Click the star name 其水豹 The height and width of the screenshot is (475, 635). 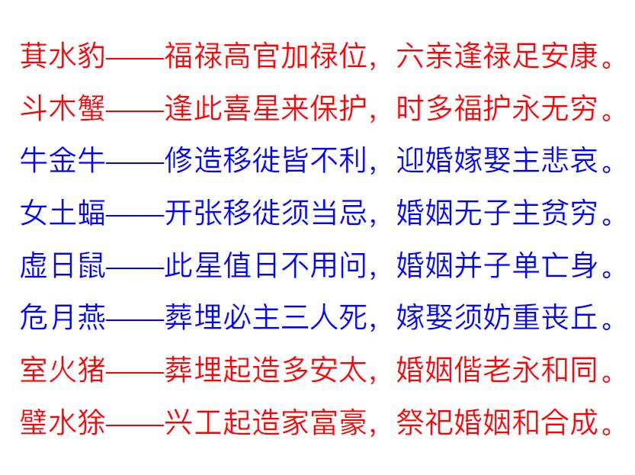(x=63, y=56)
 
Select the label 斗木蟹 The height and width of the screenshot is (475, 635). (x=63, y=108)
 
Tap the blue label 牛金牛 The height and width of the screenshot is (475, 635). (x=63, y=160)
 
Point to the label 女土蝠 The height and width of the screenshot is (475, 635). (x=63, y=212)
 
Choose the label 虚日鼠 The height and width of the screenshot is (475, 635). (x=63, y=265)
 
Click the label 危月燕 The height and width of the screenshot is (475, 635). (x=63, y=317)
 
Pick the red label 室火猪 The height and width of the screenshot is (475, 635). (x=63, y=369)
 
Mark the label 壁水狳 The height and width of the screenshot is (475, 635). (x=63, y=422)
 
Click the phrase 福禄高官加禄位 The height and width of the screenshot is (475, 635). (x=266, y=56)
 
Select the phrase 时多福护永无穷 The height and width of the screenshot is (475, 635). (x=497, y=108)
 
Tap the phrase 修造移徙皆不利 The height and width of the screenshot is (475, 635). (x=266, y=160)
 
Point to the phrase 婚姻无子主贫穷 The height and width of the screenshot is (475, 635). (x=497, y=212)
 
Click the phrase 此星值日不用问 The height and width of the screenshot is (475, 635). (x=266, y=265)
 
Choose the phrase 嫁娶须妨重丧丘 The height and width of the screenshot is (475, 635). (x=497, y=317)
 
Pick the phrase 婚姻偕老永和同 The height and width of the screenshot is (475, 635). (x=497, y=369)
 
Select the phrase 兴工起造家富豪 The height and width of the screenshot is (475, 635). (x=266, y=422)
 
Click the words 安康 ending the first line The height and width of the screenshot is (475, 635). (x=569, y=56)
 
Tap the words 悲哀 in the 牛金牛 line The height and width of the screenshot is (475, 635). (x=569, y=160)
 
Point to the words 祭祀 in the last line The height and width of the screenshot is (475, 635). (x=425, y=422)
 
